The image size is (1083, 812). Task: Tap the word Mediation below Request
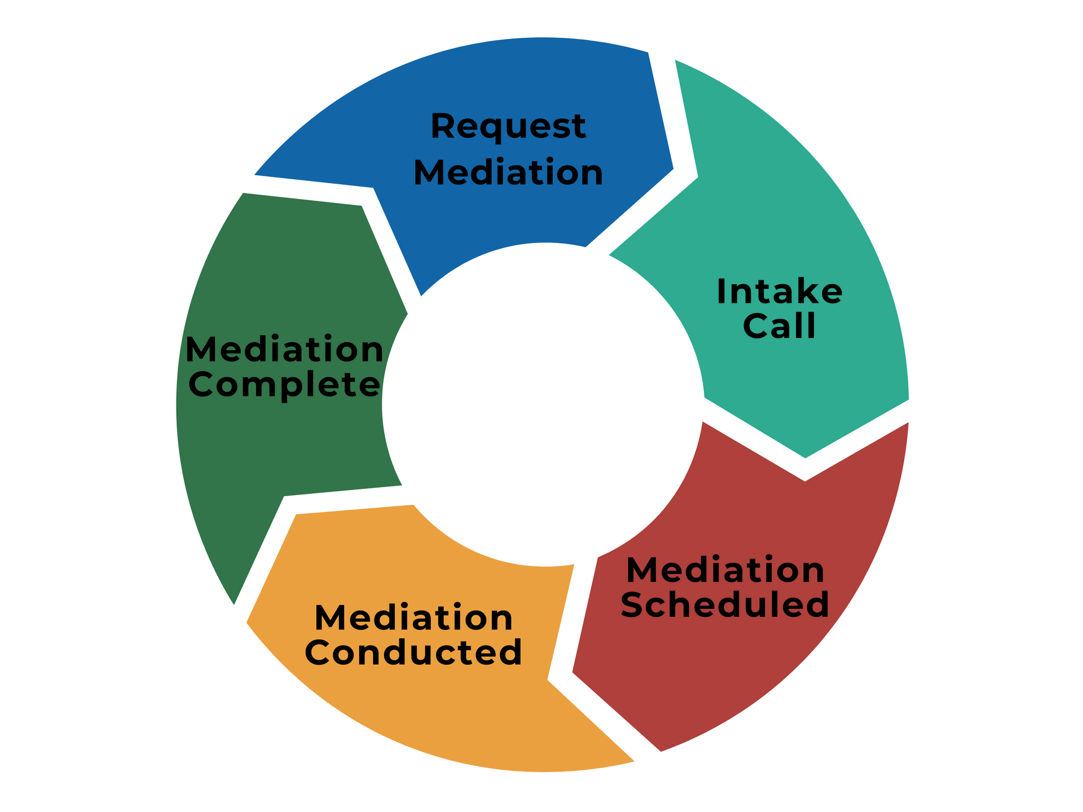508,172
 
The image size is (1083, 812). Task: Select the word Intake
780,292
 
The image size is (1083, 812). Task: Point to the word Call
779,326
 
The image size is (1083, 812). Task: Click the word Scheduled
725,604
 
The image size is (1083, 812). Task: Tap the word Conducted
413,652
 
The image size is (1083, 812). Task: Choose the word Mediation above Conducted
413,617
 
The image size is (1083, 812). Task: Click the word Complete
284,386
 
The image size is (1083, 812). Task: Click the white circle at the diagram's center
544,404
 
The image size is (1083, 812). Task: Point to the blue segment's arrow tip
673,168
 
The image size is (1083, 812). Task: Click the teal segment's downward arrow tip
805,458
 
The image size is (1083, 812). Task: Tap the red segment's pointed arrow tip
573,672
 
